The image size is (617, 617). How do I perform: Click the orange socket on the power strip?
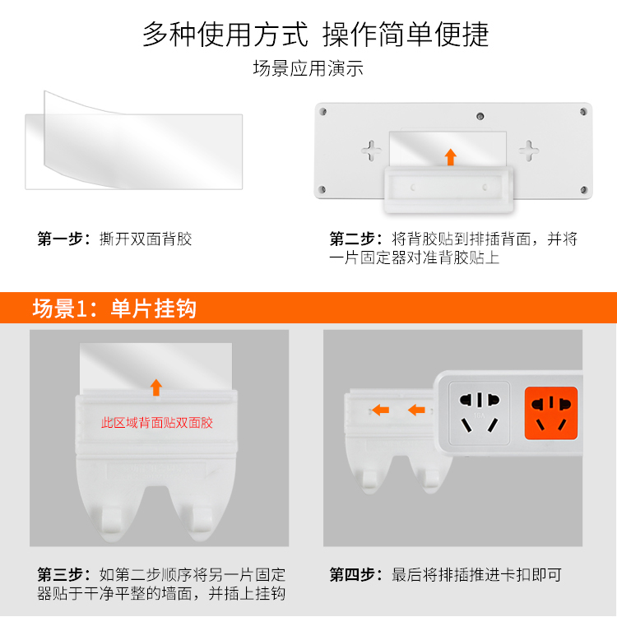(x=551, y=413)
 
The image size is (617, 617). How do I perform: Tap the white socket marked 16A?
(x=480, y=413)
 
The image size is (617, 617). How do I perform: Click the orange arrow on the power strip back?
(x=451, y=157)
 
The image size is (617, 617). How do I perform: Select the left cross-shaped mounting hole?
(x=372, y=151)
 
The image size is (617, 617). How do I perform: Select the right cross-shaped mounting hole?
(x=528, y=151)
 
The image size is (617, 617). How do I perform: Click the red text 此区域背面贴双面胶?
(x=157, y=423)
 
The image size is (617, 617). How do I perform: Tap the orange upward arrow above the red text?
(x=156, y=387)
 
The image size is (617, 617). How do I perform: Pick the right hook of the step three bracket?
(x=202, y=519)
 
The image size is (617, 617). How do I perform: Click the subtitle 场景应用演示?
(x=308, y=68)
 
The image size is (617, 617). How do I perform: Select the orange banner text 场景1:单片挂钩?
(x=114, y=308)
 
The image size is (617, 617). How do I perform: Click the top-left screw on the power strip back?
(x=323, y=112)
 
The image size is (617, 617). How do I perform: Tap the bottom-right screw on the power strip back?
(x=584, y=190)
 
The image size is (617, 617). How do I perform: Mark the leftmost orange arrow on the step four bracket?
(x=381, y=411)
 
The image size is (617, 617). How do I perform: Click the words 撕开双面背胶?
(x=146, y=239)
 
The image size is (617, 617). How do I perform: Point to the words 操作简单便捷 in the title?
(x=406, y=35)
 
